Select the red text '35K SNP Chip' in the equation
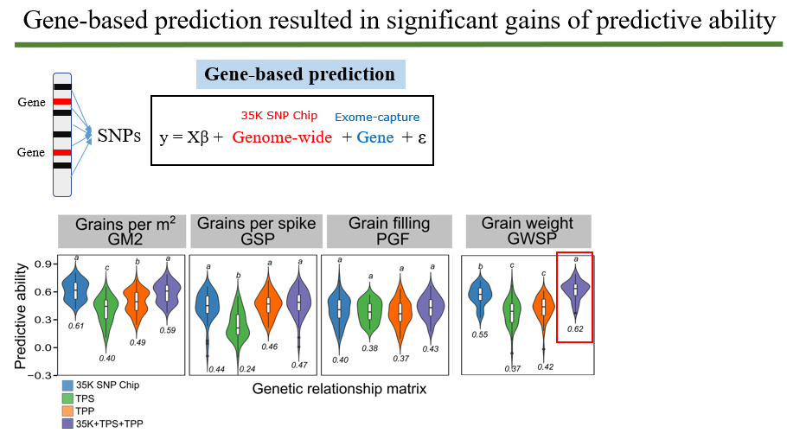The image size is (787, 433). tap(278, 116)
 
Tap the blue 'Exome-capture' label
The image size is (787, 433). tap(377, 117)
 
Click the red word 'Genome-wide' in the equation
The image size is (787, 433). tap(282, 137)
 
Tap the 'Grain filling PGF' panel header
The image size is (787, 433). tap(388, 232)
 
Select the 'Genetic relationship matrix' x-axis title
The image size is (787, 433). tap(339, 389)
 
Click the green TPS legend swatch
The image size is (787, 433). tap(67, 398)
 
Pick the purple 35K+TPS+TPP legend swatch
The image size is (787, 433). tap(67, 424)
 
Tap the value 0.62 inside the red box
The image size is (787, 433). tap(575, 328)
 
